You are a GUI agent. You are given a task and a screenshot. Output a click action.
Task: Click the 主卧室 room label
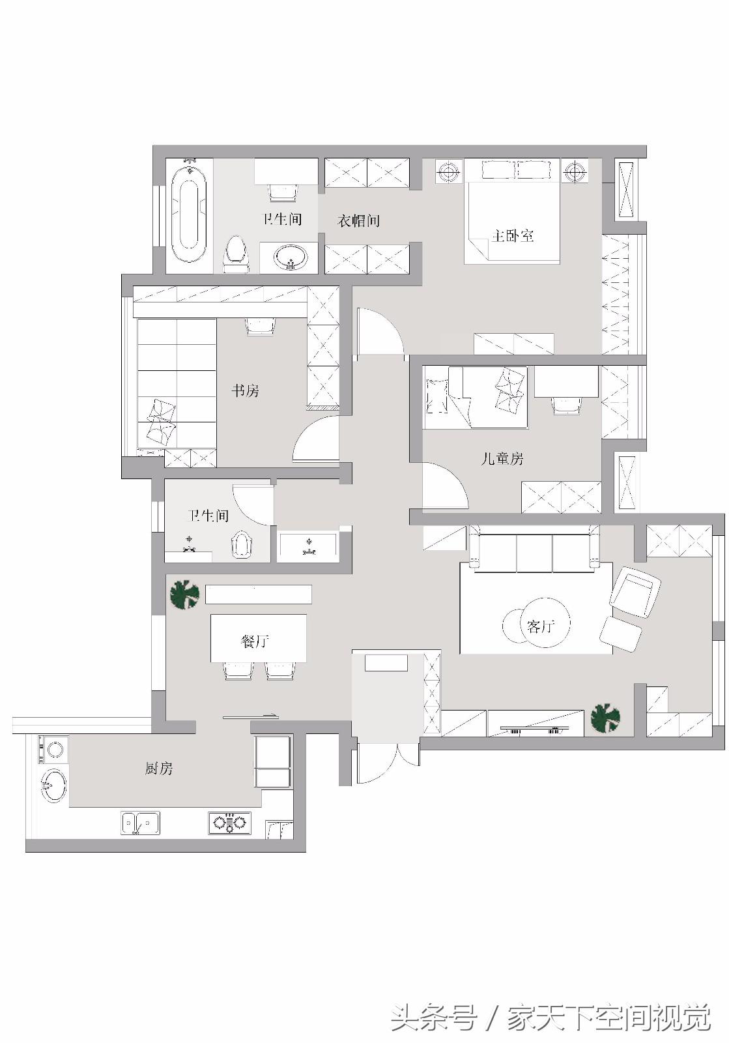click(513, 235)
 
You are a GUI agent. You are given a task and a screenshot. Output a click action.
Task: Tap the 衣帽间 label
click(358, 221)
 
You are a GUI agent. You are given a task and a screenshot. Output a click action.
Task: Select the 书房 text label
click(246, 391)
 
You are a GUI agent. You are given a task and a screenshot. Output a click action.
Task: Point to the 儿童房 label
click(502, 459)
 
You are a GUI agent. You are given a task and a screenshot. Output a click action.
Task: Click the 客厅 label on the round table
click(540, 626)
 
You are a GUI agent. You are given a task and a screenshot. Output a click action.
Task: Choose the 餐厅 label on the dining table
click(255, 641)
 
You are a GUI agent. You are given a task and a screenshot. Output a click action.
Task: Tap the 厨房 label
click(159, 769)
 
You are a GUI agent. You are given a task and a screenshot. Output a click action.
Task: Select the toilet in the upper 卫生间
click(235, 255)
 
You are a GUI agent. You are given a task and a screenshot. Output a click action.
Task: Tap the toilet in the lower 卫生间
click(241, 545)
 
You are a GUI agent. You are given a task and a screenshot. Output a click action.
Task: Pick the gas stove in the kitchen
click(230, 823)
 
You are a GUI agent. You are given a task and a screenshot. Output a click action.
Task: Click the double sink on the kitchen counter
click(140, 823)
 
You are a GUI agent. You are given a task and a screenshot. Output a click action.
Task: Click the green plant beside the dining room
click(184, 594)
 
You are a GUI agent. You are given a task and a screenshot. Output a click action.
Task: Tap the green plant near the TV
click(605, 718)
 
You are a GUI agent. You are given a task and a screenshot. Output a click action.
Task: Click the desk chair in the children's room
click(565, 405)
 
